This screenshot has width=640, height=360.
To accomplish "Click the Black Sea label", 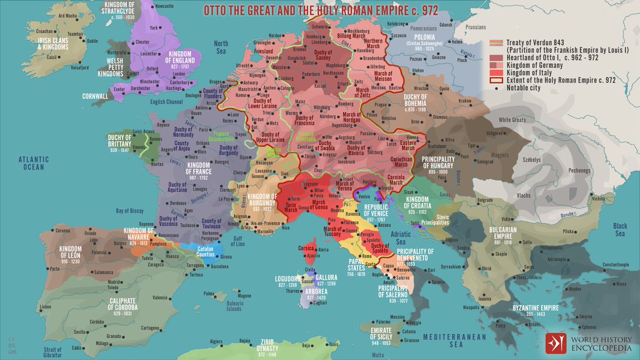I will pyautogui.click(x=619, y=229).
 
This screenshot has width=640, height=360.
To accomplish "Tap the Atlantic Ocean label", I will pyautogui.click(x=33, y=163).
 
